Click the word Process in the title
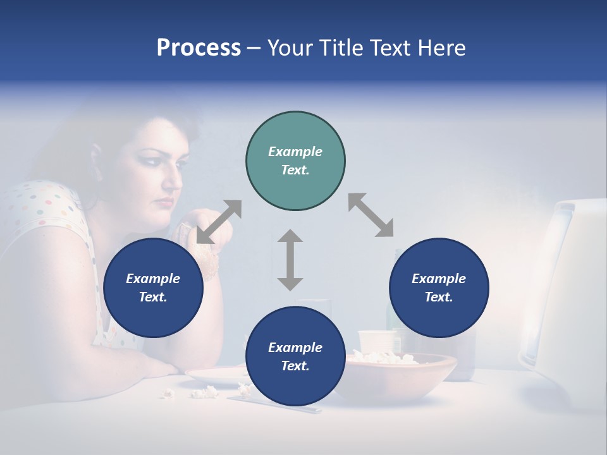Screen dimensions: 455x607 pos(199,47)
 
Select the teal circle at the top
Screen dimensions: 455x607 pos(295,161)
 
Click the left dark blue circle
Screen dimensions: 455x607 pos(153,288)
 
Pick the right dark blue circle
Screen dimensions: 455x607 pos(439,288)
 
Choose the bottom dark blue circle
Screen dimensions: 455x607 pos(295,356)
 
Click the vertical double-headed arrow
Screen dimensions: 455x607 pos(290,260)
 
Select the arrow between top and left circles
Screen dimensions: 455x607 pos(219,222)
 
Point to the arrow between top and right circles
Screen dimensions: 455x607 pos(371,215)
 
